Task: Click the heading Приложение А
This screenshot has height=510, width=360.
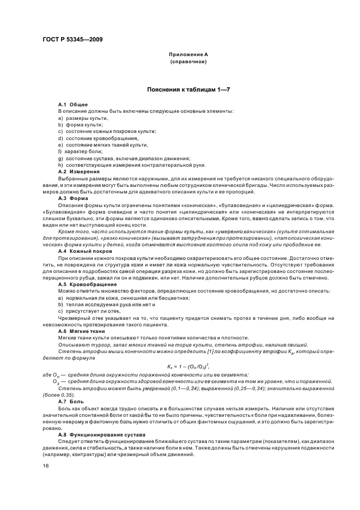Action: coord(188,55)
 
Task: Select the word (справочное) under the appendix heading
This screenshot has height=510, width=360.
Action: coord(188,62)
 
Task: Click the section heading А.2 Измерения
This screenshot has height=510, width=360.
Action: coord(78,171)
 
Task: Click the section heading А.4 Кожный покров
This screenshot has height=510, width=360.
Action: coord(85,251)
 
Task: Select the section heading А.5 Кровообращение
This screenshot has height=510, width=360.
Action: coord(87,285)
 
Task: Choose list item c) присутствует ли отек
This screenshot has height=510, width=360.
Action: coord(89,312)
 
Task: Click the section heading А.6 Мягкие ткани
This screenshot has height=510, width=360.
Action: coord(83,331)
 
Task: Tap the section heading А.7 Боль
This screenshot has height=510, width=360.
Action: coord(70,401)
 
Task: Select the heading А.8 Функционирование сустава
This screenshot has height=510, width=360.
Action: coord(102,434)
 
